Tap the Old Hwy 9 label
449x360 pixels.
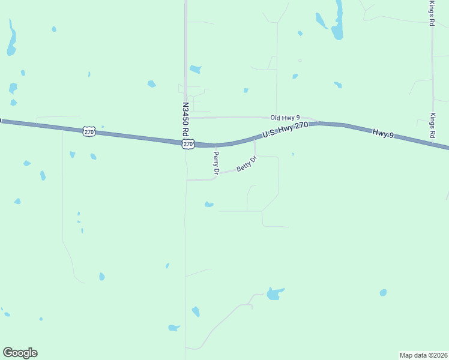[285, 118]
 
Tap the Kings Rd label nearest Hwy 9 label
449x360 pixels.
[432, 125]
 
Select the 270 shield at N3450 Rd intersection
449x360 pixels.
[188, 144]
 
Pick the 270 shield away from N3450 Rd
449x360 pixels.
[89, 131]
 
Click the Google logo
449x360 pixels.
[20, 353]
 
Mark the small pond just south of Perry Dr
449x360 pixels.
[209, 205]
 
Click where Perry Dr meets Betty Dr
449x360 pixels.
[216, 175]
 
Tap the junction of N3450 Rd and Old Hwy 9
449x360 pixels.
[186, 118]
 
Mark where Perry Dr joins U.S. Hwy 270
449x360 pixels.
[215, 145]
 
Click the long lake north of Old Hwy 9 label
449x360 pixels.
[338, 21]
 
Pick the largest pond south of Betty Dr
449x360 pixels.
[275, 293]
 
